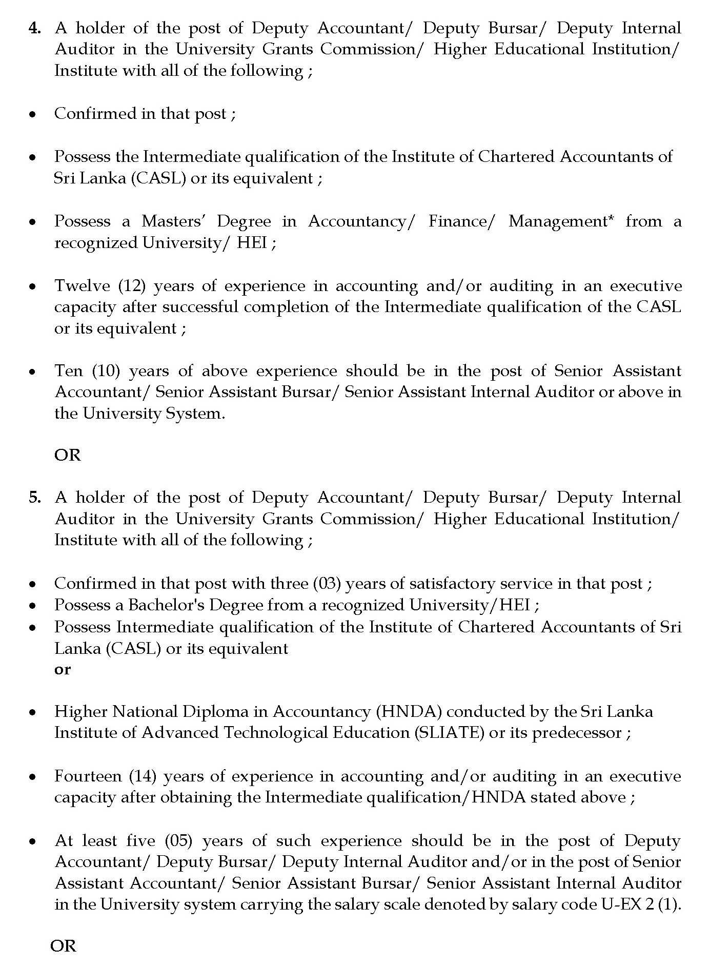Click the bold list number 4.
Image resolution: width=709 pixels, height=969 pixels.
coord(34,28)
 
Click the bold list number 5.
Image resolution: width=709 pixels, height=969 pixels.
coord(34,498)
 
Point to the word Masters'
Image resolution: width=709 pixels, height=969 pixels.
coord(171,221)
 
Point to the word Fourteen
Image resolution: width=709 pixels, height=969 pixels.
coord(88,776)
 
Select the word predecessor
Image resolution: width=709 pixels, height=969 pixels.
coord(577,733)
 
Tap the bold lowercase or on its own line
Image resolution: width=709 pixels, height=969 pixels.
coord(62,670)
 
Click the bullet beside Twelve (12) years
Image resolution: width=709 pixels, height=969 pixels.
coord(33,286)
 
